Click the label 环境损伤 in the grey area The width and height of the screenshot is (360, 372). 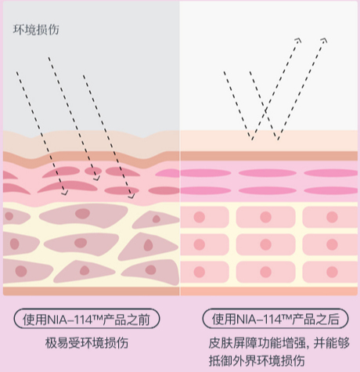[x=36, y=30]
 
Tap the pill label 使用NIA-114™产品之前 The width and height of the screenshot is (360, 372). [x=87, y=319]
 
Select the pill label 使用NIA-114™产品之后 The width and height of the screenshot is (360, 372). [x=275, y=319]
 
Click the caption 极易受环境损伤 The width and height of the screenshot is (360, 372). [x=87, y=343]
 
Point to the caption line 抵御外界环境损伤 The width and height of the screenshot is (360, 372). [x=257, y=360]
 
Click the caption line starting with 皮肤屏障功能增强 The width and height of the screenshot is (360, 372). [x=279, y=343]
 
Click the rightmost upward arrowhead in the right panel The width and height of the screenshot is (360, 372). [x=324, y=40]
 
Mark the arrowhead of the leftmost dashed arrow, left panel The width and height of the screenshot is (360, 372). [x=65, y=193]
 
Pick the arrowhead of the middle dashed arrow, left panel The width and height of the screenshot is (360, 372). [x=97, y=178]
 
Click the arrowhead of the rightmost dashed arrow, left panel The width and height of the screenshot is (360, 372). [x=131, y=196]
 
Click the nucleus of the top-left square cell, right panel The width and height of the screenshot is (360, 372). [x=200, y=217]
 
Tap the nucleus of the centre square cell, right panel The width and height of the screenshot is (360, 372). [x=265, y=244]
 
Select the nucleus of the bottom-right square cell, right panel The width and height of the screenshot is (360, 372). [x=332, y=272]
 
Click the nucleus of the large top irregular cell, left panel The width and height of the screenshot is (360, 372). [x=82, y=214]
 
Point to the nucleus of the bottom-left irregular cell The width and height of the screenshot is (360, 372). [x=21, y=271]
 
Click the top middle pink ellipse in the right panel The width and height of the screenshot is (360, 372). [x=268, y=173]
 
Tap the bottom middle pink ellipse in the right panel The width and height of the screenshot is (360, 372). [x=268, y=190]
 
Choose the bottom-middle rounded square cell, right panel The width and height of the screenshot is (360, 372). [x=265, y=272]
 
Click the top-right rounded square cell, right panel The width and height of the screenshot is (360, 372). [x=330, y=217]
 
